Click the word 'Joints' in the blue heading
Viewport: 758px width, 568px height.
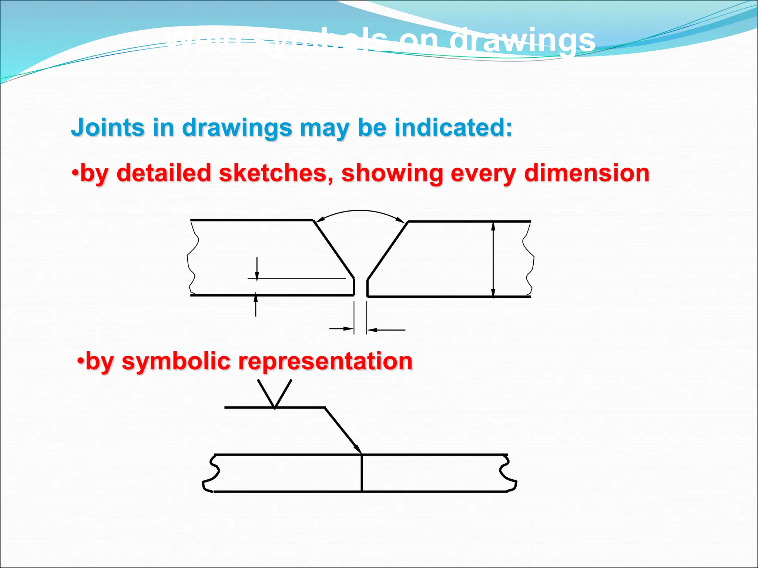click(107, 128)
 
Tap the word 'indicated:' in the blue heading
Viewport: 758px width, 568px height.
click(453, 128)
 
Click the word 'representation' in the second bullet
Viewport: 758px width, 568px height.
click(325, 361)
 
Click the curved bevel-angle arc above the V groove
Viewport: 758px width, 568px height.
click(360, 211)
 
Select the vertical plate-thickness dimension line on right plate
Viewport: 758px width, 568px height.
click(493, 259)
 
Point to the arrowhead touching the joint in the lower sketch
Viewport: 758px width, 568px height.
click(358, 449)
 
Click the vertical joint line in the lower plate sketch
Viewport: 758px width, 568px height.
click(362, 473)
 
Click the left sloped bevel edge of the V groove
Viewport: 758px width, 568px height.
click(334, 249)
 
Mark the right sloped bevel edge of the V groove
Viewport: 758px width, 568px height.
click(388, 250)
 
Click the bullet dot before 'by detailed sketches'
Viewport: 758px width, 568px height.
click(75, 173)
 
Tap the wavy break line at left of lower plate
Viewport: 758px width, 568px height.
click(211, 473)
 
